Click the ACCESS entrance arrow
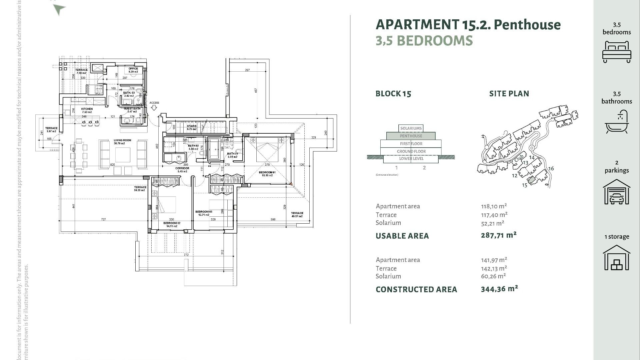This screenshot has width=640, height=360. click(x=154, y=108)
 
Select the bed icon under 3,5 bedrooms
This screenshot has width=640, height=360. click(x=617, y=52)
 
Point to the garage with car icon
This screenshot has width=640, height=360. click(x=617, y=192)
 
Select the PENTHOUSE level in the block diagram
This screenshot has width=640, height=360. click(x=411, y=136)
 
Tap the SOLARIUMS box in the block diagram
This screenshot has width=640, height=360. click(x=411, y=128)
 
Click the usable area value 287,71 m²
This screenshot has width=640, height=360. click(x=498, y=235)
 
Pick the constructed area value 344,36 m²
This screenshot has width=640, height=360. click(x=499, y=289)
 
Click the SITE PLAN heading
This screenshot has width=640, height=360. click(x=509, y=94)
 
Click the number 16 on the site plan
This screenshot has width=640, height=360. click(x=551, y=169)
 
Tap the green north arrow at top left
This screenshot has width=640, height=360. click(x=59, y=9)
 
